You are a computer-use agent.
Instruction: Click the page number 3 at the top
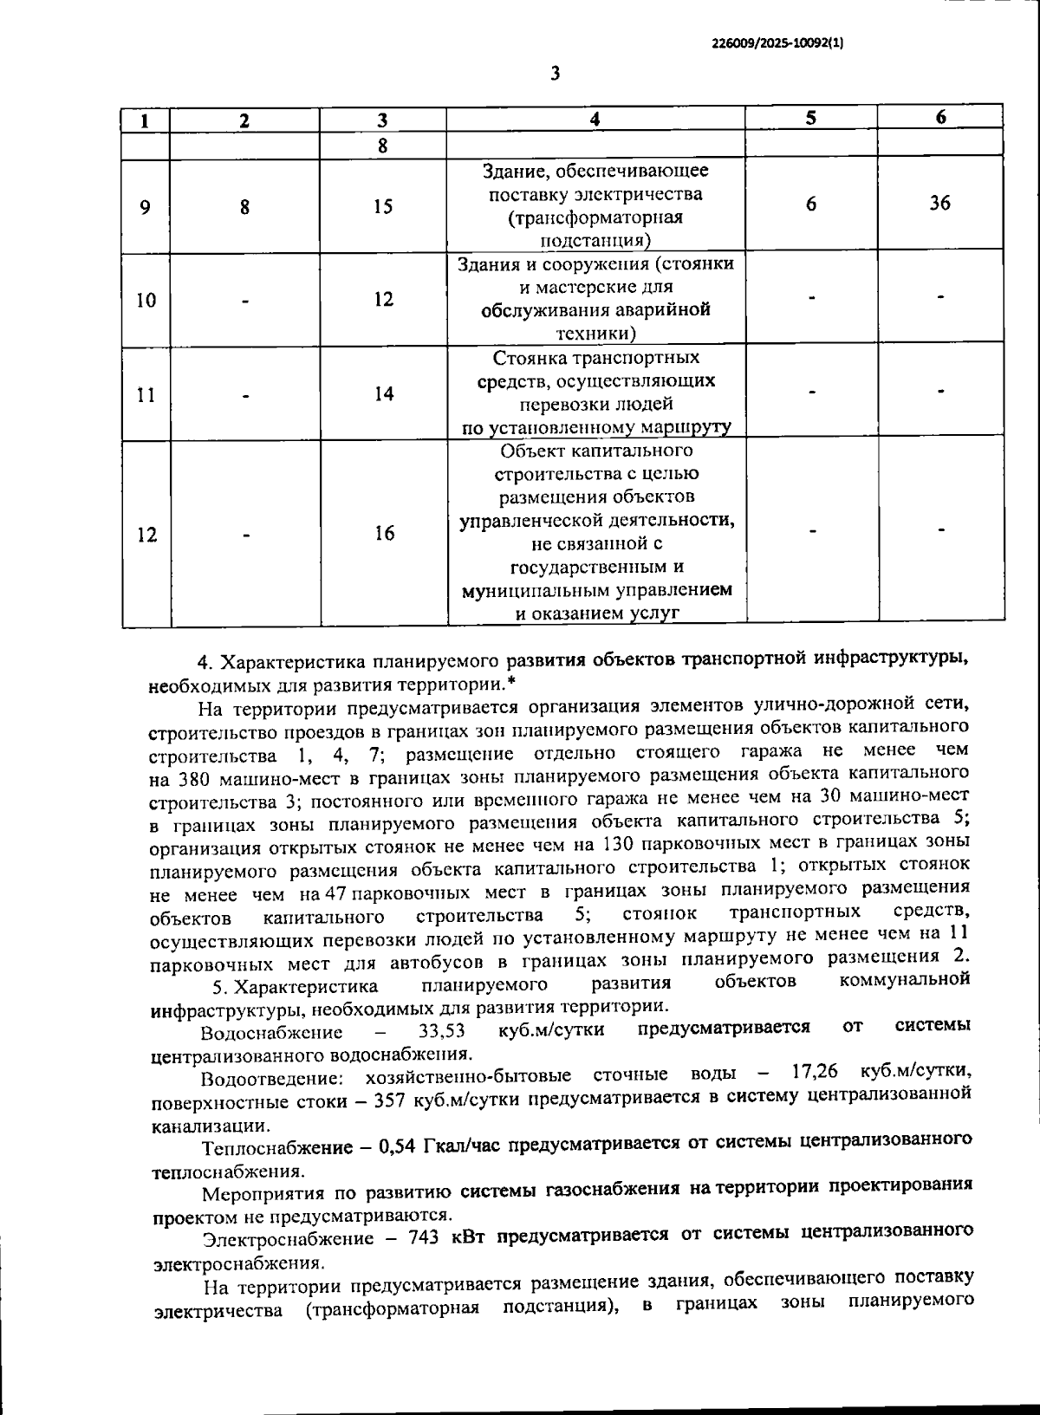555,74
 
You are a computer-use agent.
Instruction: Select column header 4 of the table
595,120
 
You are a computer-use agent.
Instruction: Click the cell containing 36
939,204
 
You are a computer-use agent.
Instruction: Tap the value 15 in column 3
383,207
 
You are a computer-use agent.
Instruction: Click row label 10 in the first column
146,301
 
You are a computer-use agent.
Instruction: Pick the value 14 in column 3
383,394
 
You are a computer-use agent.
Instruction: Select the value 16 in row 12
383,534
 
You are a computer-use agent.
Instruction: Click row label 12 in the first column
146,535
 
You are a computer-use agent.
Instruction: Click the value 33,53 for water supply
441,1031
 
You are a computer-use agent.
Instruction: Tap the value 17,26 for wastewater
815,1073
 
